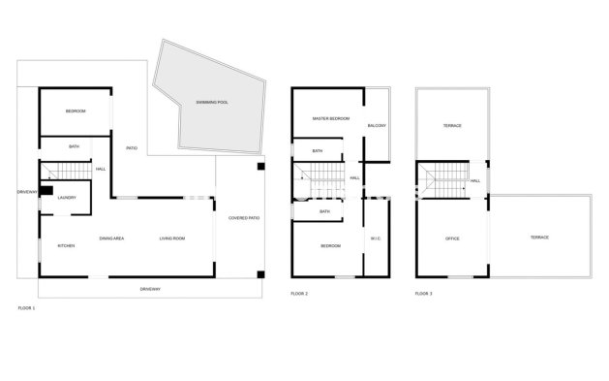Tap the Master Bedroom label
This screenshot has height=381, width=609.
click(x=330, y=118)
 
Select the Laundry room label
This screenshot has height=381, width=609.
click(x=67, y=198)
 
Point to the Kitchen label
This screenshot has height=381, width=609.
click(x=66, y=245)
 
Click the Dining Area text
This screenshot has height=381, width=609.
click(x=111, y=238)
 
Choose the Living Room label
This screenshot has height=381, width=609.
click(x=172, y=238)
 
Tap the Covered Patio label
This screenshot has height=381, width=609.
click(x=243, y=218)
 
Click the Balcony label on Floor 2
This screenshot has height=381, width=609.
click(x=378, y=126)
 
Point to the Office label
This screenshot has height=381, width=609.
click(x=451, y=238)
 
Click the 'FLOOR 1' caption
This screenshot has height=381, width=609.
click(x=26, y=307)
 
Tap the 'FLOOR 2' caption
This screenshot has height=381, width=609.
click(x=299, y=292)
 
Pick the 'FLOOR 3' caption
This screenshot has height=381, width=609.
click(x=424, y=292)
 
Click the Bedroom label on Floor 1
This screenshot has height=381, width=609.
click(x=76, y=111)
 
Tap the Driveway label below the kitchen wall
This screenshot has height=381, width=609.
click(x=149, y=289)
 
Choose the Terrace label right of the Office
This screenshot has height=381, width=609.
click(x=539, y=238)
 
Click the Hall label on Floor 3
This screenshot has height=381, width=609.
click(x=475, y=180)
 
